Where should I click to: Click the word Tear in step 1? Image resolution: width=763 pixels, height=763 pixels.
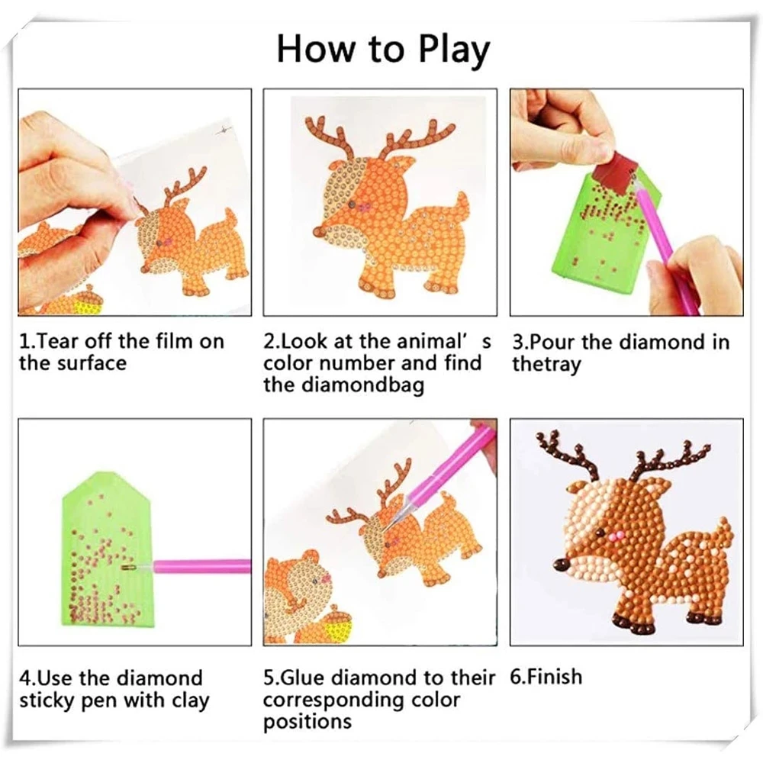pos(56,341)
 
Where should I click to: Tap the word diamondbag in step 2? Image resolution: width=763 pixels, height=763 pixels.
pos(363,385)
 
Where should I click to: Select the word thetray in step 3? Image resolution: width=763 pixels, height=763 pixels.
pos(546,364)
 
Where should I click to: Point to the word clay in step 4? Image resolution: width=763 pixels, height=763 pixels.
pos(190,700)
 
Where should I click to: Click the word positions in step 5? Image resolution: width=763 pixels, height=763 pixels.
pos(307,722)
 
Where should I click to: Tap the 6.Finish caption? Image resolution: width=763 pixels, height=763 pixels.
pos(546,677)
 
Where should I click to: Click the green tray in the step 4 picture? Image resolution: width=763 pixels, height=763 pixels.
pos(108,550)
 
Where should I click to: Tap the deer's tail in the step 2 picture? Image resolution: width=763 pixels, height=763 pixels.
pos(459,205)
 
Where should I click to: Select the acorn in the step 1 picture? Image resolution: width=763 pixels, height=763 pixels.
pos(80,301)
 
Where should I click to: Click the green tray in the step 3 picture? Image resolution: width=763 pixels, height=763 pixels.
pos(606,229)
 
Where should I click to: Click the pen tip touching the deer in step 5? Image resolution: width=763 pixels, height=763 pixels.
pos(384,530)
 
